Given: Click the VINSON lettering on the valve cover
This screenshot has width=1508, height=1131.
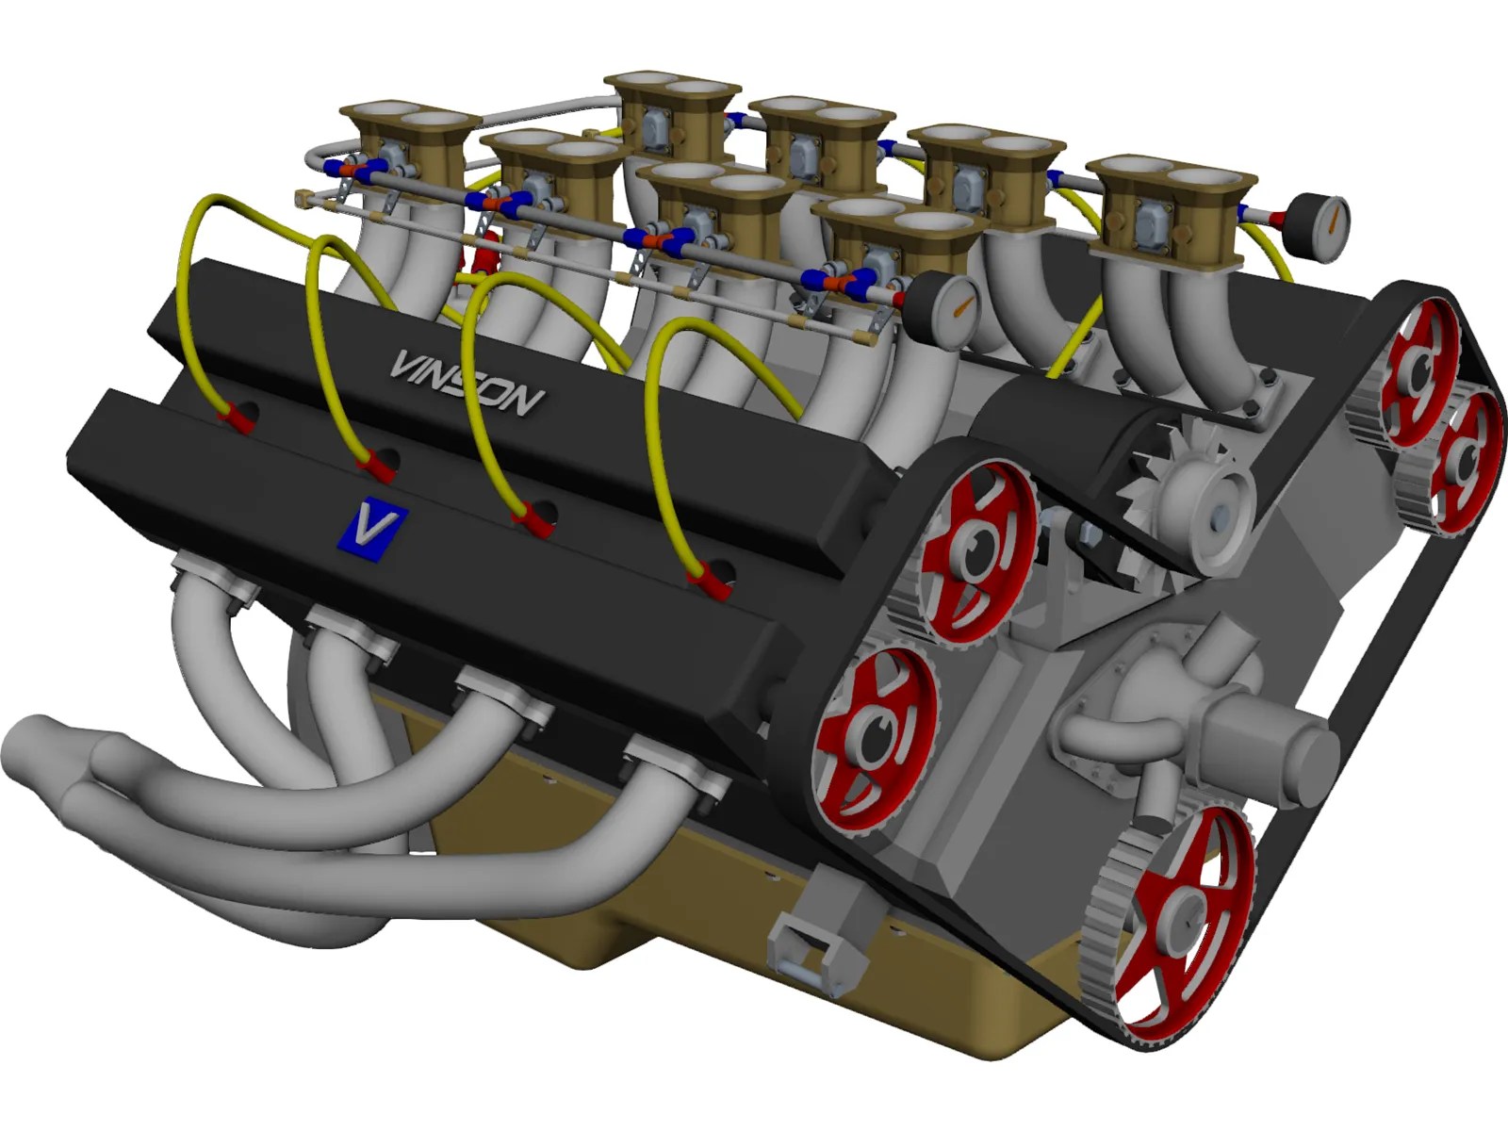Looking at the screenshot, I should [x=467, y=382].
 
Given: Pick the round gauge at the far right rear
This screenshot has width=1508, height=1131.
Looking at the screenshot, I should [x=1320, y=222].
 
